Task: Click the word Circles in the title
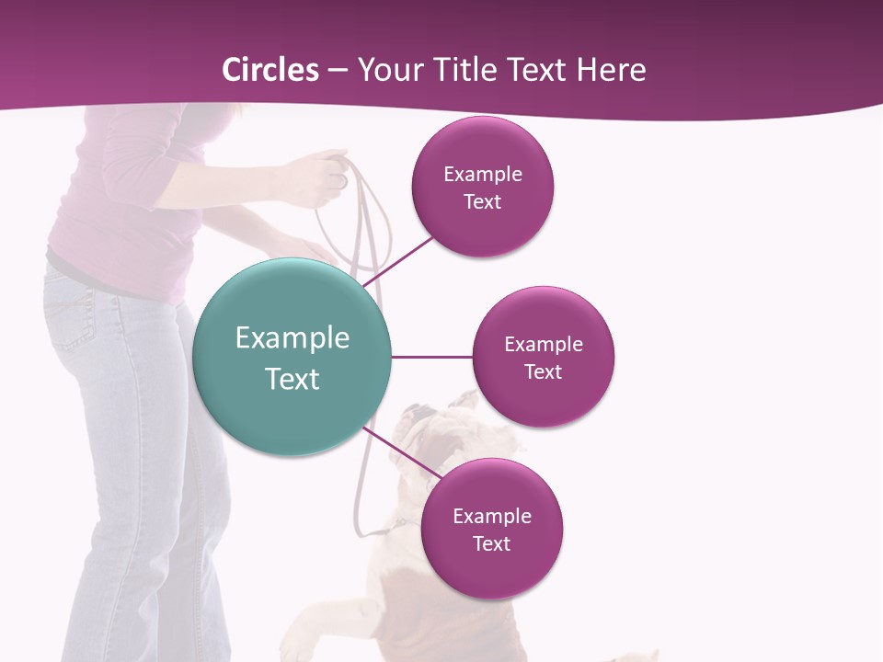[x=269, y=70]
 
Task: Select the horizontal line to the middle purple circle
[x=431, y=357]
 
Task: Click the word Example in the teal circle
[x=292, y=338]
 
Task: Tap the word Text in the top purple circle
[x=482, y=201]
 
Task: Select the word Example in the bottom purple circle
[x=491, y=516]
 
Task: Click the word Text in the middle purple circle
[x=543, y=371]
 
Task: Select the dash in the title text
[x=338, y=71]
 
